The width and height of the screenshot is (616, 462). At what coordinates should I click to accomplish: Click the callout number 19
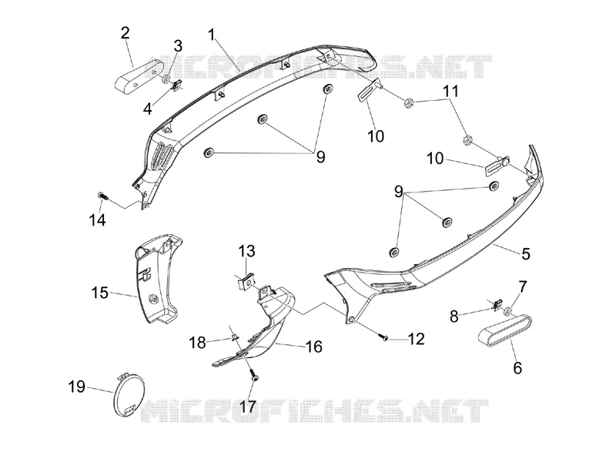point(77,387)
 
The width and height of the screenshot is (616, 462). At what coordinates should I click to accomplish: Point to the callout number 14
point(98,220)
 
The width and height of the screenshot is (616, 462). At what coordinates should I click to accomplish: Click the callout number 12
point(417,339)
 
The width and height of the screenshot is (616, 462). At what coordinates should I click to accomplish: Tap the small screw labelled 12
point(383,336)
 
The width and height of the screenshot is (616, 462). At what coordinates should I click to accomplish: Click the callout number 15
point(100,293)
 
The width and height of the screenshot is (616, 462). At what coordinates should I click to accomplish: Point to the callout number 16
point(314,346)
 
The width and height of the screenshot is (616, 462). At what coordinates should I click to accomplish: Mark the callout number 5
point(526,254)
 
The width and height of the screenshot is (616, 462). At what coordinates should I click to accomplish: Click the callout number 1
point(213,35)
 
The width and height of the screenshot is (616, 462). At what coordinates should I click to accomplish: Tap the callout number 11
point(451,91)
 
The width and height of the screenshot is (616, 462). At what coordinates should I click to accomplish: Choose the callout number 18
point(198,343)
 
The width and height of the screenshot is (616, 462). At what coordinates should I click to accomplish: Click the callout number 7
point(523,286)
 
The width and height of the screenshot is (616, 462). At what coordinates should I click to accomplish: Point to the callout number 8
point(454,316)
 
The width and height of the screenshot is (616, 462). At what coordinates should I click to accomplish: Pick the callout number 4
point(147,109)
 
